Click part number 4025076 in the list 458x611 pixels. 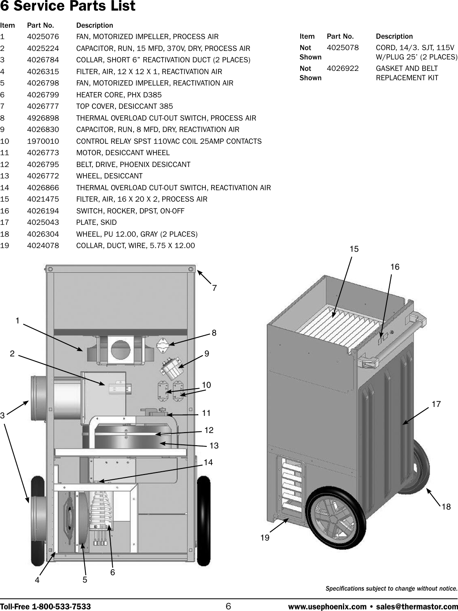[43, 37]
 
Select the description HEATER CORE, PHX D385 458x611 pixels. [119, 95]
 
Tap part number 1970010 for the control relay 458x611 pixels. [43, 141]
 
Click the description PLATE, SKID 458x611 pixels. [96, 222]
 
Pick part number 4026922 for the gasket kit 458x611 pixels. [343, 68]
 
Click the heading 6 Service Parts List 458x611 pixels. [68, 7]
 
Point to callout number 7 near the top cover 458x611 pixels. [214, 288]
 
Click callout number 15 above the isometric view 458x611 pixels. [354, 249]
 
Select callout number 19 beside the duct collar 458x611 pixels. [265, 538]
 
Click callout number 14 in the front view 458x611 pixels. [208, 462]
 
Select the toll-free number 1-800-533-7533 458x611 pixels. [46, 607]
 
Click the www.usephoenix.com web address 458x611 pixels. [327, 607]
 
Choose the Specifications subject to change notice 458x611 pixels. [392, 588]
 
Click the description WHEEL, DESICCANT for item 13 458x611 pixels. [109, 176]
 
